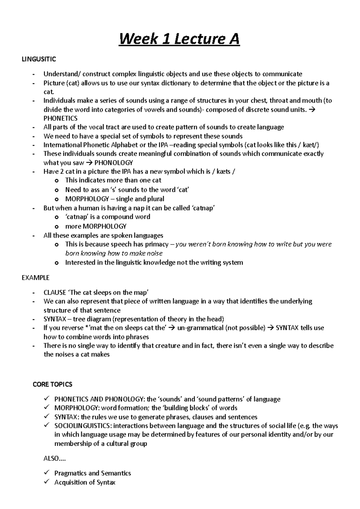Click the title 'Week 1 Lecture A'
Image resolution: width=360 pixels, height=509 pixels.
coord(179,39)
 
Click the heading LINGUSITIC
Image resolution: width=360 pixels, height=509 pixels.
coord(39,59)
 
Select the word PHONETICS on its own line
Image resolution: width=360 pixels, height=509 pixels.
coord(60,118)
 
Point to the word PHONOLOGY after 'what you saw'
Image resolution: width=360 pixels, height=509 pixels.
coord(113,163)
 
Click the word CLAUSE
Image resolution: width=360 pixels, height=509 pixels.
coord(55,293)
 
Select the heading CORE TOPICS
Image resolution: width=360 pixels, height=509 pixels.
coord(52,384)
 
